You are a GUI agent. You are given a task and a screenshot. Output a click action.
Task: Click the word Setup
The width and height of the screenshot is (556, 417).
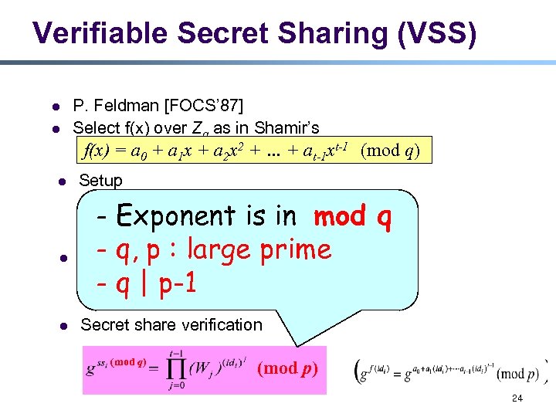(100, 181)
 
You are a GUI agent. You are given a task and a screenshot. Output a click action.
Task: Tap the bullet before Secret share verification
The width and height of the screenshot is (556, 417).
(60, 326)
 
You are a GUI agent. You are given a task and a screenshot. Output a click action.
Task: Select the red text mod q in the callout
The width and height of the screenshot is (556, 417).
(353, 216)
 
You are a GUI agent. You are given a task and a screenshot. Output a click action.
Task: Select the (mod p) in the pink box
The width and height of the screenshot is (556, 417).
(287, 368)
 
